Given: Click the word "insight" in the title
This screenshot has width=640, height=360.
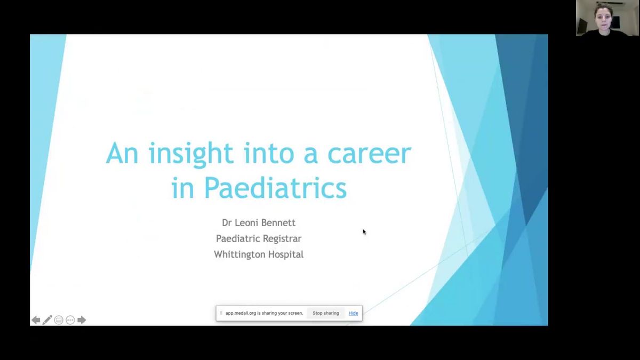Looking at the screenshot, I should click(x=191, y=154).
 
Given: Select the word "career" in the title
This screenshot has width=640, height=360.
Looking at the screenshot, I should click(x=369, y=154).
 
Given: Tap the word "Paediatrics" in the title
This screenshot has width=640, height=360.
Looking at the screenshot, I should click(x=275, y=188).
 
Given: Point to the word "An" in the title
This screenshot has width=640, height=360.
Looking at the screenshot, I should click(x=123, y=154).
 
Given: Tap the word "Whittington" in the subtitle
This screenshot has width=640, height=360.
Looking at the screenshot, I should click(x=239, y=254).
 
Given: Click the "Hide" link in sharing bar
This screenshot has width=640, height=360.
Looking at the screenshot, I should click(x=353, y=313).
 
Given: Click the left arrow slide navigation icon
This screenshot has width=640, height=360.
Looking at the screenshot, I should click(x=36, y=320).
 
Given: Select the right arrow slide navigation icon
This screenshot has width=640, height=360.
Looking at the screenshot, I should click(x=82, y=320).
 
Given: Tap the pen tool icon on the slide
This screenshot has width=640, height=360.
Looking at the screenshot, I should click(x=47, y=320).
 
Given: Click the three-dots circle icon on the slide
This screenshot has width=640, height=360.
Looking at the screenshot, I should click(x=70, y=320).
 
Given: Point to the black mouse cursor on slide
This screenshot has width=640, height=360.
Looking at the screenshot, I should click(x=364, y=231).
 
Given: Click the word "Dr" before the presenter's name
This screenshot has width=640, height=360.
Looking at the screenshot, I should click(x=227, y=222).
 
